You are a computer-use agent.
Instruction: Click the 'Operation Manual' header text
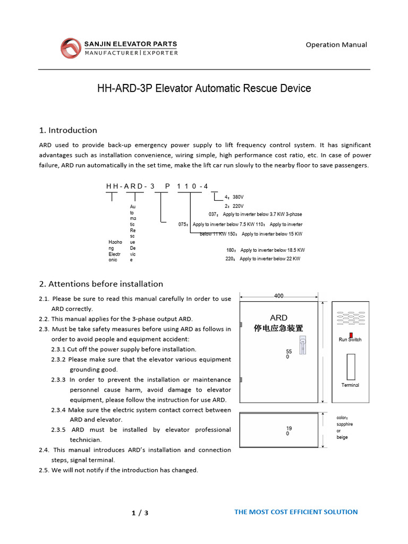(336, 45)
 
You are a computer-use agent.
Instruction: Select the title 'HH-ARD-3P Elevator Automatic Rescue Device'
(204, 89)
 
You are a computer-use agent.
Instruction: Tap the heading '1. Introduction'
(68, 130)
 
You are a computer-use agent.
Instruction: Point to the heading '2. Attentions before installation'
(101, 284)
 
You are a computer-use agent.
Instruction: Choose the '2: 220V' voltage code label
(234, 206)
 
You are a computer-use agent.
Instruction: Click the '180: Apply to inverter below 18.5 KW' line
(266, 250)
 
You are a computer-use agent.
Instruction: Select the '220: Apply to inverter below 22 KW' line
(263, 259)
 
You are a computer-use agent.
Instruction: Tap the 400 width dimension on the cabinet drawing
(278, 295)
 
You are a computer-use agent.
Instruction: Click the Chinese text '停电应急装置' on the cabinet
(278, 328)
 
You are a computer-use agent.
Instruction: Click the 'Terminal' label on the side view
(350, 385)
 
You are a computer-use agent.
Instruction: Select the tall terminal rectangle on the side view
(350, 366)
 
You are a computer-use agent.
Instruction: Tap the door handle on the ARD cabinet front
(303, 345)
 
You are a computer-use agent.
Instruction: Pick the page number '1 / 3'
(140, 513)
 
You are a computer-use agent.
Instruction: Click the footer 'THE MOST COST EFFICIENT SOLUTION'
(296, 512)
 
